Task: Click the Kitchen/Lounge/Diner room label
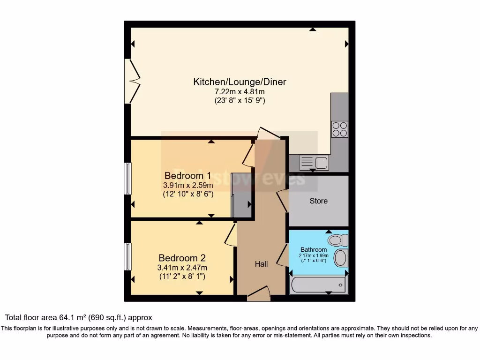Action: (240, 82)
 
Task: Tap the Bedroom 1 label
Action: (187, 176)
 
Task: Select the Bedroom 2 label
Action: (182, 258)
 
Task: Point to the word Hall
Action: (261, 264)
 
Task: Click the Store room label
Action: (318, 201)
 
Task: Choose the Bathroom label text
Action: (314, 249)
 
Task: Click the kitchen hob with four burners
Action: (340, 129)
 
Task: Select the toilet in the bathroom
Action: (338, 240)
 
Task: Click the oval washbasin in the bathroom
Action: (341, 258)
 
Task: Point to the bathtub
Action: (318, 285)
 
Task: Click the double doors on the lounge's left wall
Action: (133, 81)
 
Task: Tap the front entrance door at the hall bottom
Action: (258, 294)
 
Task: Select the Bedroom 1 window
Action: (127, 178)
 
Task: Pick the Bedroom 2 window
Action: (127, 256)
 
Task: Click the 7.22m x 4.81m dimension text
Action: (240, 92)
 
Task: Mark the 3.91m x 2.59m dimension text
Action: (187, 186)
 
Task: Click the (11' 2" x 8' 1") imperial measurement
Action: (182, 277)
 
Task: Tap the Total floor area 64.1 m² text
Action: (79, 318)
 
